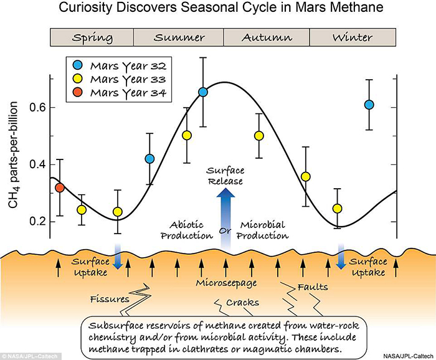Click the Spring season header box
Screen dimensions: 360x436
(92, 37)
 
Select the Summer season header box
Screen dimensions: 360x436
(179, 37)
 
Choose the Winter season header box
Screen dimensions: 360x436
(353, 37)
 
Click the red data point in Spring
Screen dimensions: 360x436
(60, 187)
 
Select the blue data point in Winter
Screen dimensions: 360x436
(369, 105)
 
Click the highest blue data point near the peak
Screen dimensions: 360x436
(203, 92)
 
